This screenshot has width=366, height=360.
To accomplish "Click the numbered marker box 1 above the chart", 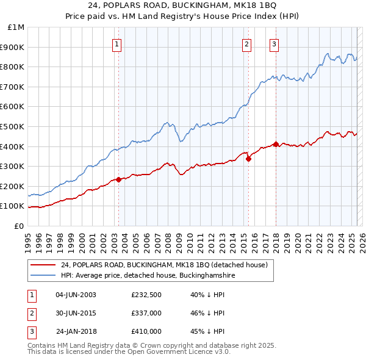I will (117, 43).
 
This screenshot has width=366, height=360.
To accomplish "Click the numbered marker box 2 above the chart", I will (246, 43).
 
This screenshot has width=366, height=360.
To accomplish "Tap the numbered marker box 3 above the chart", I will (274, 43).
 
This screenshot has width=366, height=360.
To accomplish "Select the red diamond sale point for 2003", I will (119, 179).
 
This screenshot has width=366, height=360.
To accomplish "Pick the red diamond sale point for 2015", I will (249, 159).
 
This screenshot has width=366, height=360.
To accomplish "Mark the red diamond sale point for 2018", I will (276, 145).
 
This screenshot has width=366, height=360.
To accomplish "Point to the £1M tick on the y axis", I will (16, 27).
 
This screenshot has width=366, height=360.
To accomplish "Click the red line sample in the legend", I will (43, 265).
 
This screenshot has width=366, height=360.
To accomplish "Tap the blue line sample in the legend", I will (43, 276).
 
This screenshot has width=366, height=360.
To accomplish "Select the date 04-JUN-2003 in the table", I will (76, 295).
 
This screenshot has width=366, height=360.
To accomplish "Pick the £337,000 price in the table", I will (146, 313).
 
